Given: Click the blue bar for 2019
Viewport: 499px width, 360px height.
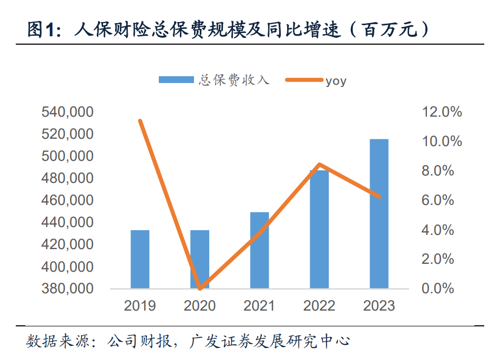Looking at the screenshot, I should click(140, 259).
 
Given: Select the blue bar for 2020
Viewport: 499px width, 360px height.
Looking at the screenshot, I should click(200, 259).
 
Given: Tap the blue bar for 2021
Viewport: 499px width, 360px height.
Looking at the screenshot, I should click(259, 250).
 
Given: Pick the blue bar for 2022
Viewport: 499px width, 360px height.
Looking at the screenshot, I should click(319, 229).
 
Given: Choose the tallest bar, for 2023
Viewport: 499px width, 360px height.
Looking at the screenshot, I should click(379, 213).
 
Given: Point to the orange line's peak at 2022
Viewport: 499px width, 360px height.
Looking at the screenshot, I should click(319, 165).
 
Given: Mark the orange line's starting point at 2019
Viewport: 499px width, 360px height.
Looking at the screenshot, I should click(140, 121).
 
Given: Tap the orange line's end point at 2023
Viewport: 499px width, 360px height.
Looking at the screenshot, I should click(379, 197).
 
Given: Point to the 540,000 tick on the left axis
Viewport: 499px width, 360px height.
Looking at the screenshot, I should click(67, 112).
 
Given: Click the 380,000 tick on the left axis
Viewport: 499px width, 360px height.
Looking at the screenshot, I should click(67, 289).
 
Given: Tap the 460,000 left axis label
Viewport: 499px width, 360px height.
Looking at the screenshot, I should click(67, 200).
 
